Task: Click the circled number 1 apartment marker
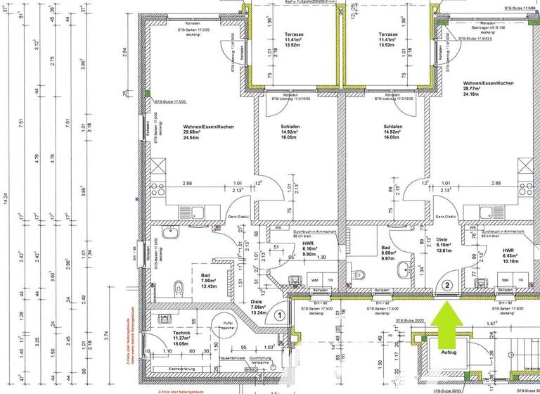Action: [x=280, y=316]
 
